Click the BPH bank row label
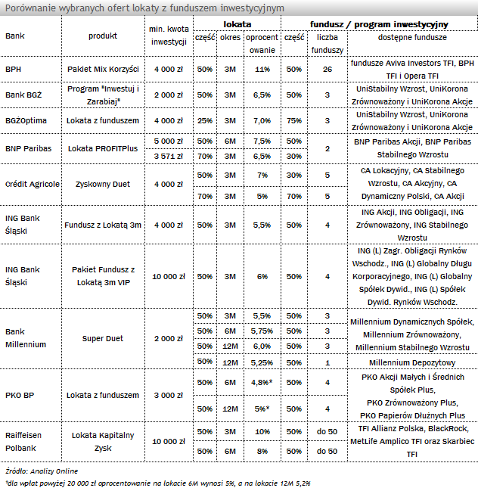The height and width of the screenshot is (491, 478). click(x=13, y=69)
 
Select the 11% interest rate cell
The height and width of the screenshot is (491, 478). click(x=262, y=69)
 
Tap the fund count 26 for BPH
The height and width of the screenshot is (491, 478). click(x=327, y=69)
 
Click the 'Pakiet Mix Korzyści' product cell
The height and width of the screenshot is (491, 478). click(x=103, y=69)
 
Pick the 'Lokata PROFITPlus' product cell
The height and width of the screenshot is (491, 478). click(x=103, y=148)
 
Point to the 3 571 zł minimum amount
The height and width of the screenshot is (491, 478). click(x=169, y=155)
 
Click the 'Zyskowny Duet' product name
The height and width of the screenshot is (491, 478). click(x=103, y=184)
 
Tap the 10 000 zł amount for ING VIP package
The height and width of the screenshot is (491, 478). click(x=169, y=277)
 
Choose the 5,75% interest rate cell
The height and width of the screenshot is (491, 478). click(x=262, y=331)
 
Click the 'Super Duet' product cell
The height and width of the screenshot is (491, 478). click(x=103, y=338)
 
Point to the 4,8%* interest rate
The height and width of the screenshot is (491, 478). click(x=262, y=382)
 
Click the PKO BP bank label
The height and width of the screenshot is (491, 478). click(x=19, y=395)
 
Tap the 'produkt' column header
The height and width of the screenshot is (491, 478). click(x=103, y=36)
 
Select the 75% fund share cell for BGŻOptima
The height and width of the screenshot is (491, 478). click(x=294, y=120)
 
